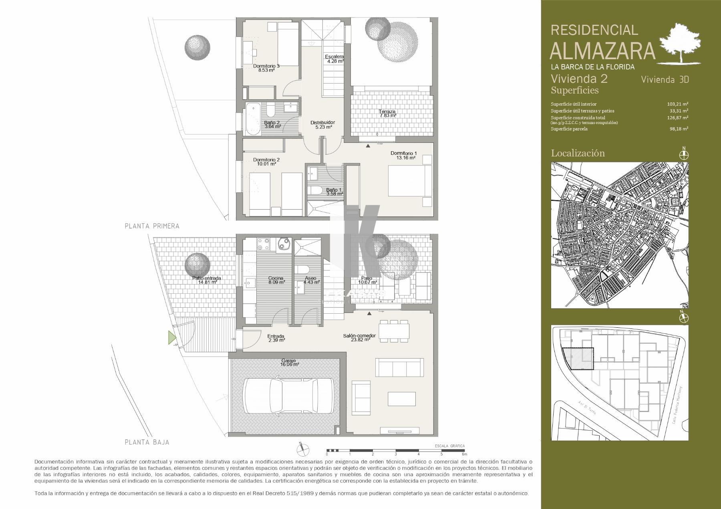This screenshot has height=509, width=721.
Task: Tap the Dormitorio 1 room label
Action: click(404, 155)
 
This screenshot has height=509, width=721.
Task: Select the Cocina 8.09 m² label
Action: click(276, 280)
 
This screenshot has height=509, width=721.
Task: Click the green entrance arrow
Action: click(172, 338)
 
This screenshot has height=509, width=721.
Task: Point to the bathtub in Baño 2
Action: click(252, 119)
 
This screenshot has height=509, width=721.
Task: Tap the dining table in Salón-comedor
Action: click(394, 331)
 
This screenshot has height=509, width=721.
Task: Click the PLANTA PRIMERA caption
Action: click(152, 226)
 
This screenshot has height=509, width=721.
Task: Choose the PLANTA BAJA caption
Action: click(147, 442)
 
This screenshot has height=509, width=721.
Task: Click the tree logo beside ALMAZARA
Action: click(681, 43)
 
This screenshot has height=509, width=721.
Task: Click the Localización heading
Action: click(578, 153)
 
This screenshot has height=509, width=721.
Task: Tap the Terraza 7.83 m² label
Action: click(388, 114)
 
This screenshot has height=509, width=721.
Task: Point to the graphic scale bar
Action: click(395, 451)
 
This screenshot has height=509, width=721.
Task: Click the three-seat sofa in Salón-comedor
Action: click(399, 366)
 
